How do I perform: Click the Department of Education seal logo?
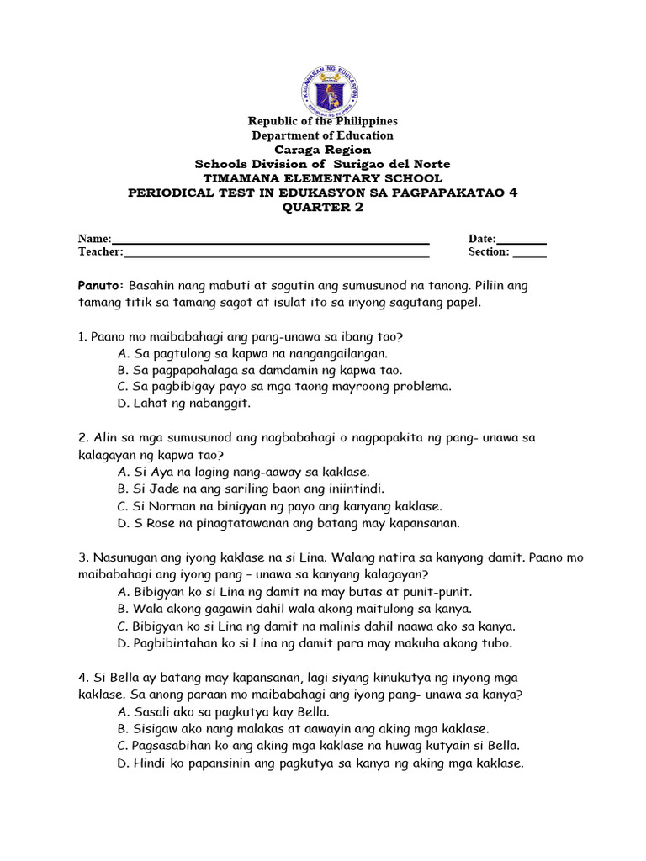pos(330,90)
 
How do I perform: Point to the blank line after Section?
pos(529,253)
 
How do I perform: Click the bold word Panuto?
pos(100,285)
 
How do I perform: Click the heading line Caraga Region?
pos(323,150)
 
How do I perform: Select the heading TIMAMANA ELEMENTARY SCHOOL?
pos(323,178)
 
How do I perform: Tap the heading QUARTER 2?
pos(323,208)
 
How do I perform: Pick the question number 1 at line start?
pos(82,336)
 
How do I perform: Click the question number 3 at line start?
pos(82,557)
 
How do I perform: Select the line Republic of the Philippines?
pos(323,121)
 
